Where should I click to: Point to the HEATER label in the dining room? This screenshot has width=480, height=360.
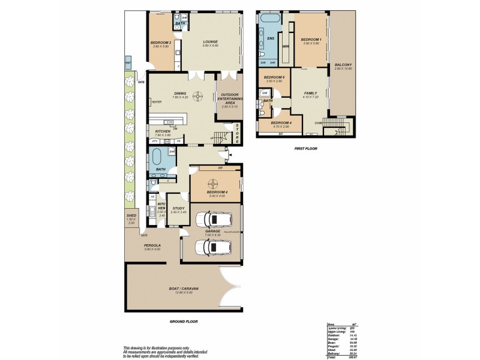(157, 101)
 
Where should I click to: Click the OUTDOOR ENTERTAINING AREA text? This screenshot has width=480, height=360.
(230, 98)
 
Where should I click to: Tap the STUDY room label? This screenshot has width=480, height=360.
(178, 208)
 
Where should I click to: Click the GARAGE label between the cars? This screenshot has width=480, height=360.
(213, 230)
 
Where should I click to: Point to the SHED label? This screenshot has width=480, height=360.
(131, 215)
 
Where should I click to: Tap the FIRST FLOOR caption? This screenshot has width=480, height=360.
(306, 148)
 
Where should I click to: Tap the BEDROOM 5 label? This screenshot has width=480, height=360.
(274, 77)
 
